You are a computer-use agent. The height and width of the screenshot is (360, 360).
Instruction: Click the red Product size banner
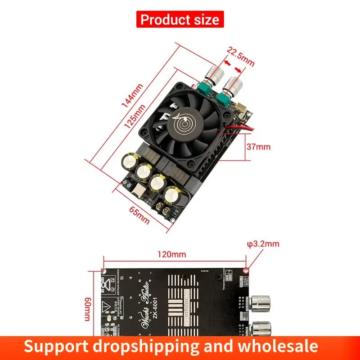pyautogui.click(x=180, y=19)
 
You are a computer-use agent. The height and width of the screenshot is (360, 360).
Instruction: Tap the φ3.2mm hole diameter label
pyautogui.click(x=264, y=244)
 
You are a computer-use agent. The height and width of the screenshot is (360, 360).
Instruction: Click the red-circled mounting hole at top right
pyautogui.click(x=246, y=270)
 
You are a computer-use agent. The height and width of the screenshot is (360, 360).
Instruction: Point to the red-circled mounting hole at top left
pyautogui.click(x=103, y=270)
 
